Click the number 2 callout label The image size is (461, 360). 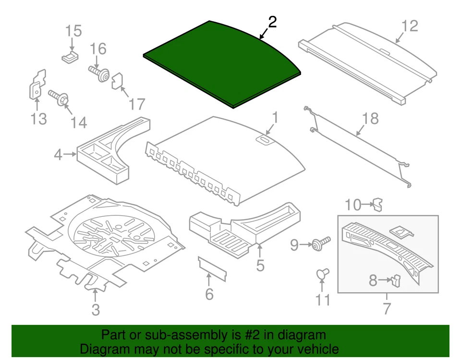click(272, 22)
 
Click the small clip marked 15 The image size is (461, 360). click(70, 57)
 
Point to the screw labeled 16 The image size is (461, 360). click(99, 74)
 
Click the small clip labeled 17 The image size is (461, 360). click(118, 82)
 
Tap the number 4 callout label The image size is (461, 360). click(58, 155)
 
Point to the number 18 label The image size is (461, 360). click(371, 118)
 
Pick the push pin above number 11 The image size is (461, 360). click(323, 274)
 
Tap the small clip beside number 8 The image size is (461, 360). click(396, 279)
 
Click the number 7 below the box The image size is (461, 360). click(387, 308)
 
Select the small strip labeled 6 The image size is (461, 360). click(212, 270)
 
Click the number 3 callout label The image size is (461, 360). click(96, 310)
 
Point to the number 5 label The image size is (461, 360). click(260, 265)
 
